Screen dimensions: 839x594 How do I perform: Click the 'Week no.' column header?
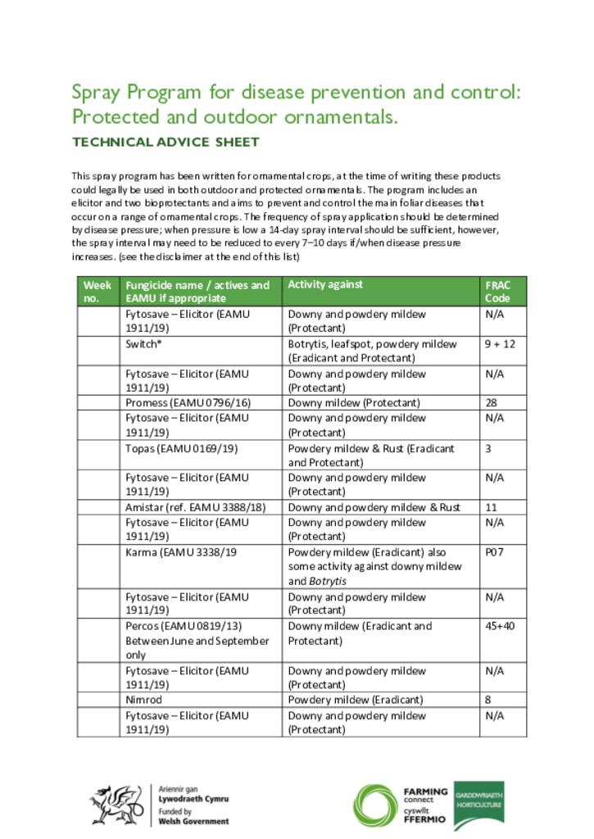click(x=97, y=291)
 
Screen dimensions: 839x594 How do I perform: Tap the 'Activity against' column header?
click(x=325, y=284)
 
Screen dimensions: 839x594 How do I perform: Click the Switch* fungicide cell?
click(x=143, y=344)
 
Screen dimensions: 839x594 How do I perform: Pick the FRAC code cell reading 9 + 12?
click(x=500, y=344)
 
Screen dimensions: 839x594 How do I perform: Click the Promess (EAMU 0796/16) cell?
click(x=188, y=403)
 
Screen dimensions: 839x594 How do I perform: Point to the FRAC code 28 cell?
click(x=491, y=403)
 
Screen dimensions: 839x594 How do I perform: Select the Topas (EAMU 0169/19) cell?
click(x=181, y=448)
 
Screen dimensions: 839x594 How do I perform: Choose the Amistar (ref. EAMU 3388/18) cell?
click(x=196, y=507)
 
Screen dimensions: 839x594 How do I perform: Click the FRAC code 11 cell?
click(x=491, y=507)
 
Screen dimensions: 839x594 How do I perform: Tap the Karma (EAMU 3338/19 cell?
click(x=181, y=552)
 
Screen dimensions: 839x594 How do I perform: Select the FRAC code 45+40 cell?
click(x=501, y=626)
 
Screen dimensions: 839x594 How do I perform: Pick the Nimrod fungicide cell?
click(x=143, y=700)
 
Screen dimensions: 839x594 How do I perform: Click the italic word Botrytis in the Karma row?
click(x=328, y=581)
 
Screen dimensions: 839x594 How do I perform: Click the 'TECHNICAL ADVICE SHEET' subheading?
click(x=166, y=142)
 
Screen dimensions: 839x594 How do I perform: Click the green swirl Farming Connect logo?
click(x=375, y=806)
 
